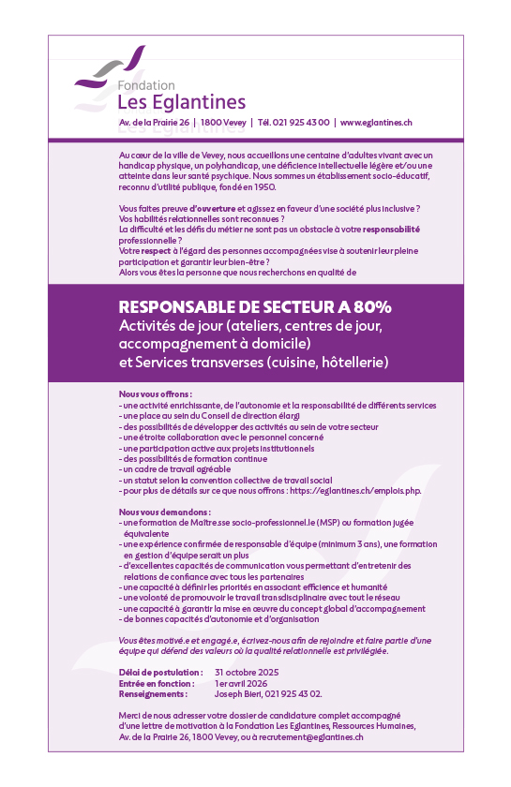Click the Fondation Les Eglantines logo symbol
coord(111,68)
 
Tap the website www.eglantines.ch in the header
coord(376,123)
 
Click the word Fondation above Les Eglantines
coord(145,85)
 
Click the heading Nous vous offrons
coord(156,394)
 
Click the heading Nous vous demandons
coord(164,512)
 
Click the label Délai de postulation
coord(160,673)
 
